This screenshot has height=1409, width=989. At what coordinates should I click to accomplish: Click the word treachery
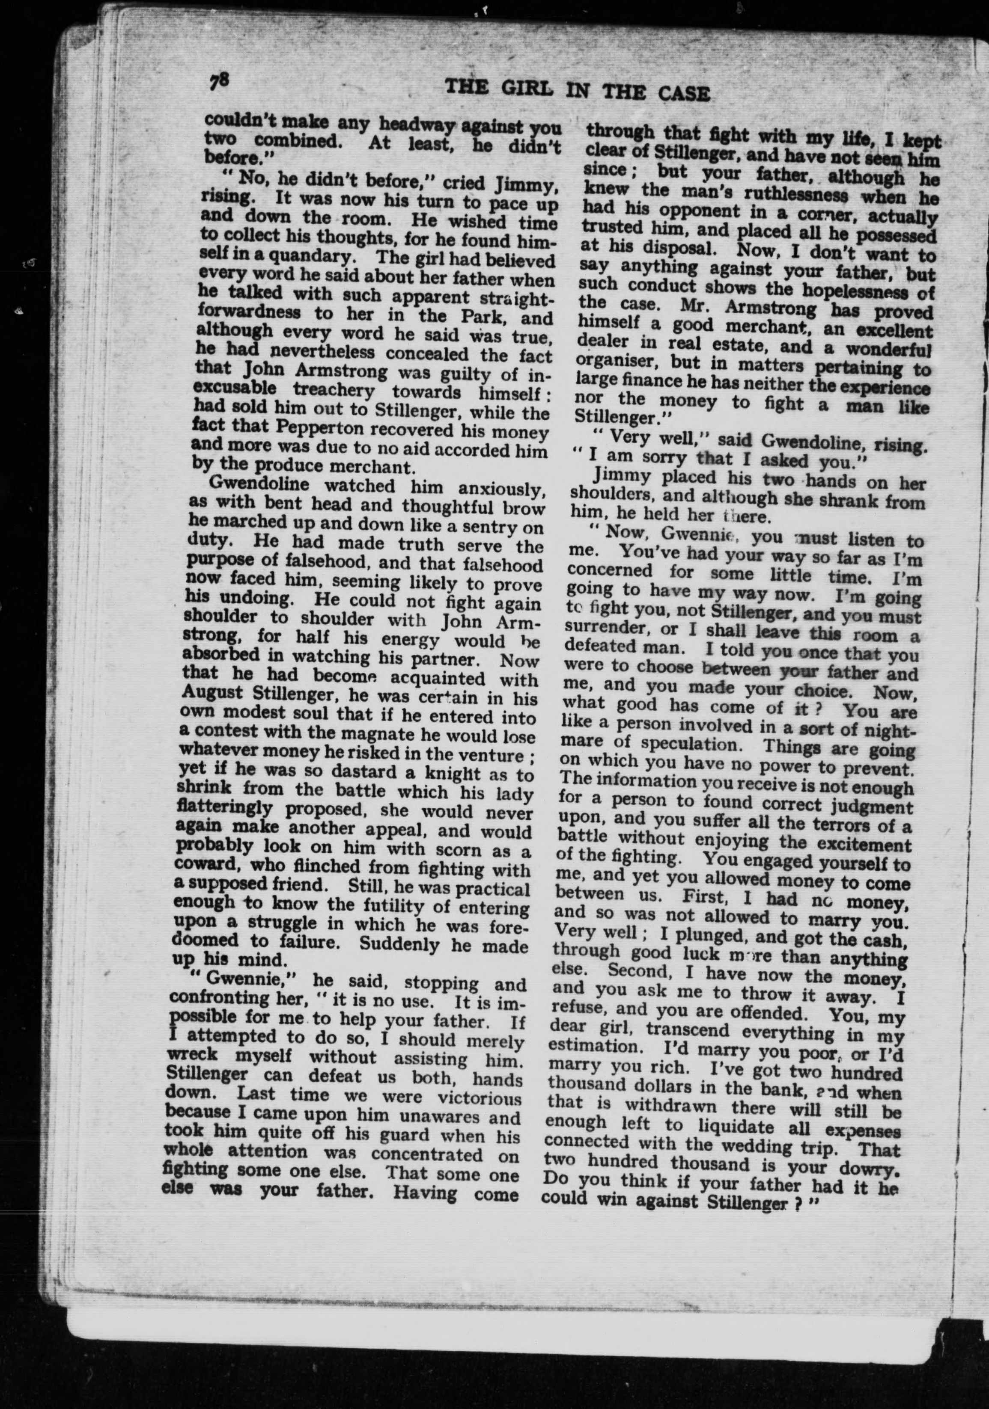pos(342,390)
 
